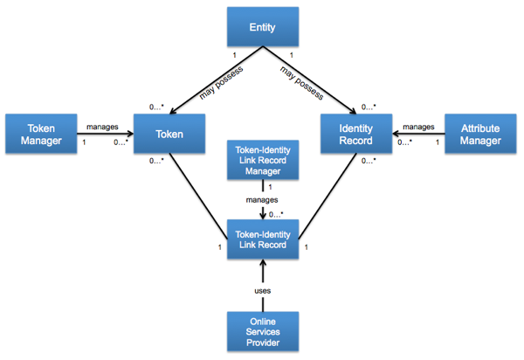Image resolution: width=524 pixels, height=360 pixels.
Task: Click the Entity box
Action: coord(263,27)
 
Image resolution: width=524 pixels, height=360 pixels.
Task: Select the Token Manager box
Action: coord(41,134)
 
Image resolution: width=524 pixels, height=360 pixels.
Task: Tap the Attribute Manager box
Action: coord(480,134)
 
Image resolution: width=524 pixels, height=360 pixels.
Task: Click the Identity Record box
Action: coord(356,134)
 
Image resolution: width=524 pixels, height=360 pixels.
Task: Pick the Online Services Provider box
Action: coord(263,331)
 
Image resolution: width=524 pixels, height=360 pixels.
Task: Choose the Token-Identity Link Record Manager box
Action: coord(263,160)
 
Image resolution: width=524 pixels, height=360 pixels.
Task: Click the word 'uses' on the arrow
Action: coord(263,291)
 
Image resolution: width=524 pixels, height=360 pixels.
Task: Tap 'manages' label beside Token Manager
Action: coord(102,127)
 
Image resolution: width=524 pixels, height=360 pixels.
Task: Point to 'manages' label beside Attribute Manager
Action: coord(418,127)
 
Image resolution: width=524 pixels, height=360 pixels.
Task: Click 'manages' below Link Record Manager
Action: coord(262,200)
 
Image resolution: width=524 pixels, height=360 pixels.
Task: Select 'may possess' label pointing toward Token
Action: coord(221,83)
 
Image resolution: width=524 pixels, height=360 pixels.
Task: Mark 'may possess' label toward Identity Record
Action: coord(302,83)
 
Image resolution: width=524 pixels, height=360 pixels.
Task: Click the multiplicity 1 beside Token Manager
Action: coord(84,142)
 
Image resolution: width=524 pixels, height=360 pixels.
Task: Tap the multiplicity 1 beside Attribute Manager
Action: coord(438,142)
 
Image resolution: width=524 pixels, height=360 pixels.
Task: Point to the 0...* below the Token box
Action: coord(156,161)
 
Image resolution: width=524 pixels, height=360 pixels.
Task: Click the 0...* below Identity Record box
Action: coord(369,161)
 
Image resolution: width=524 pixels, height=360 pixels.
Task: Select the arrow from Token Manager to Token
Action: coord(106,134)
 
